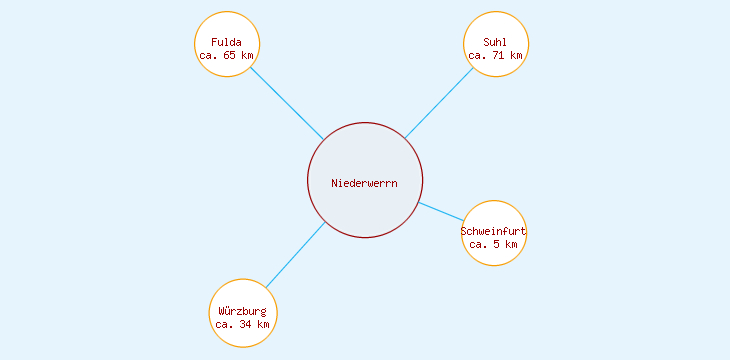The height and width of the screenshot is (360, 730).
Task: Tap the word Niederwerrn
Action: tap(365, 183)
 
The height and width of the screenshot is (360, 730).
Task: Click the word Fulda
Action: tap(227, 42)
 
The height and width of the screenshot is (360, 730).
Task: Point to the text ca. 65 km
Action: tap(227, 56)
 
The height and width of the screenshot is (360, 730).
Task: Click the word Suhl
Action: tap(495, 42)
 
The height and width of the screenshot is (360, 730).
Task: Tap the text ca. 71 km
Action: tap(496, 56)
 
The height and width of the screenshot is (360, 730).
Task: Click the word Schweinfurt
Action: tap(494, 231)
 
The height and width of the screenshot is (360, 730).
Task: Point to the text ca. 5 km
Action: tap(494, 245)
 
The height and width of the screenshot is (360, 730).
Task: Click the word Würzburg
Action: tap(243, 311)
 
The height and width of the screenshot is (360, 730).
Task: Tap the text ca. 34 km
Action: tap(243, 325)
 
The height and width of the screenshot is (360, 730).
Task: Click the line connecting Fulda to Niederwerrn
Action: tap(286, 103)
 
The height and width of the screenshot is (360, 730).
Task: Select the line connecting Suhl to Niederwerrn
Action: tap(439, 102)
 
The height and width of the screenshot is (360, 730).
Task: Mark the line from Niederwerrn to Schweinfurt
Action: tap(441, 211)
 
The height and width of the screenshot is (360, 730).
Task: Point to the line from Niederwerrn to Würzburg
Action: tap(296, 255)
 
